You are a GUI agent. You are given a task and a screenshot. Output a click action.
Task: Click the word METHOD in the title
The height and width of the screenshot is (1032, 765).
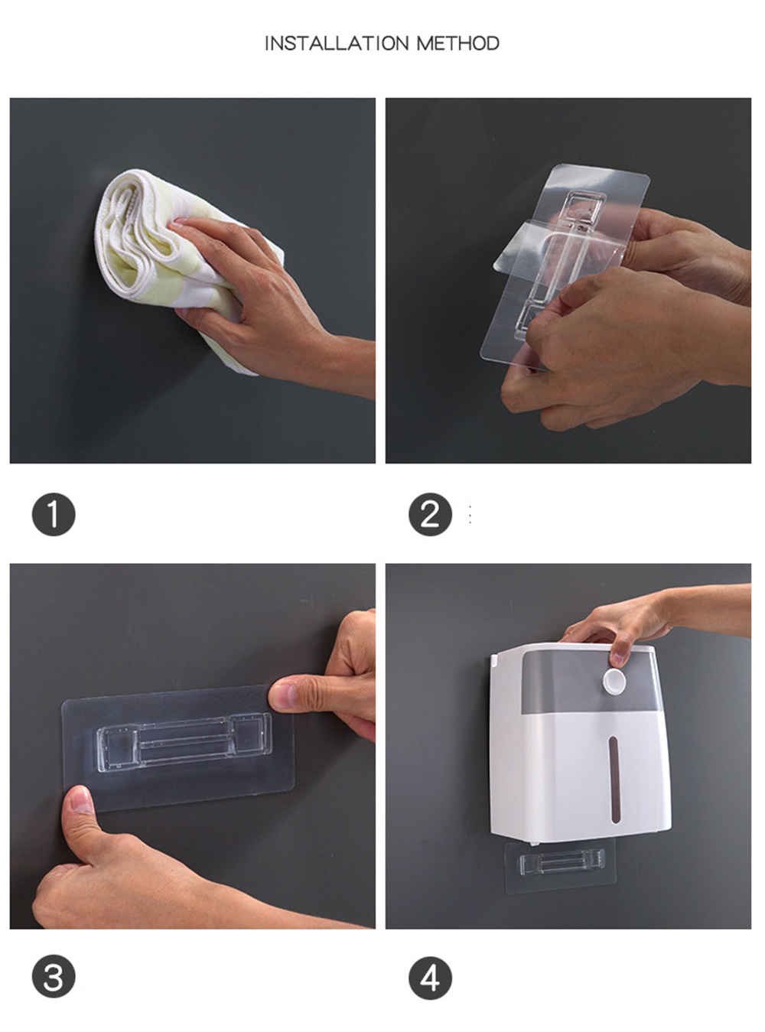pos(458,44)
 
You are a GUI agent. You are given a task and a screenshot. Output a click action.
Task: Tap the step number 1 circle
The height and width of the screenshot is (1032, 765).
pos(54,515)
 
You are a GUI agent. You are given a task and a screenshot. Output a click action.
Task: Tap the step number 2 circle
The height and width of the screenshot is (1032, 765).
pos(431,515)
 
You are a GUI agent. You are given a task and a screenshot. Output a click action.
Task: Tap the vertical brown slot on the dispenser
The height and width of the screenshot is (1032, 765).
pos(614,780)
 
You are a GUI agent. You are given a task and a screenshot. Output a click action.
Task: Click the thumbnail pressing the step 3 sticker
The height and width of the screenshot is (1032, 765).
pos(81,801)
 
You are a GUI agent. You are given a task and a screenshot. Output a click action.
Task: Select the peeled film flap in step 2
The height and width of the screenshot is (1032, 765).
pos(558,251)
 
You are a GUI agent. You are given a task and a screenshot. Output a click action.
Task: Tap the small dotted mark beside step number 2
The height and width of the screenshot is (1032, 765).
pos(470,515)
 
